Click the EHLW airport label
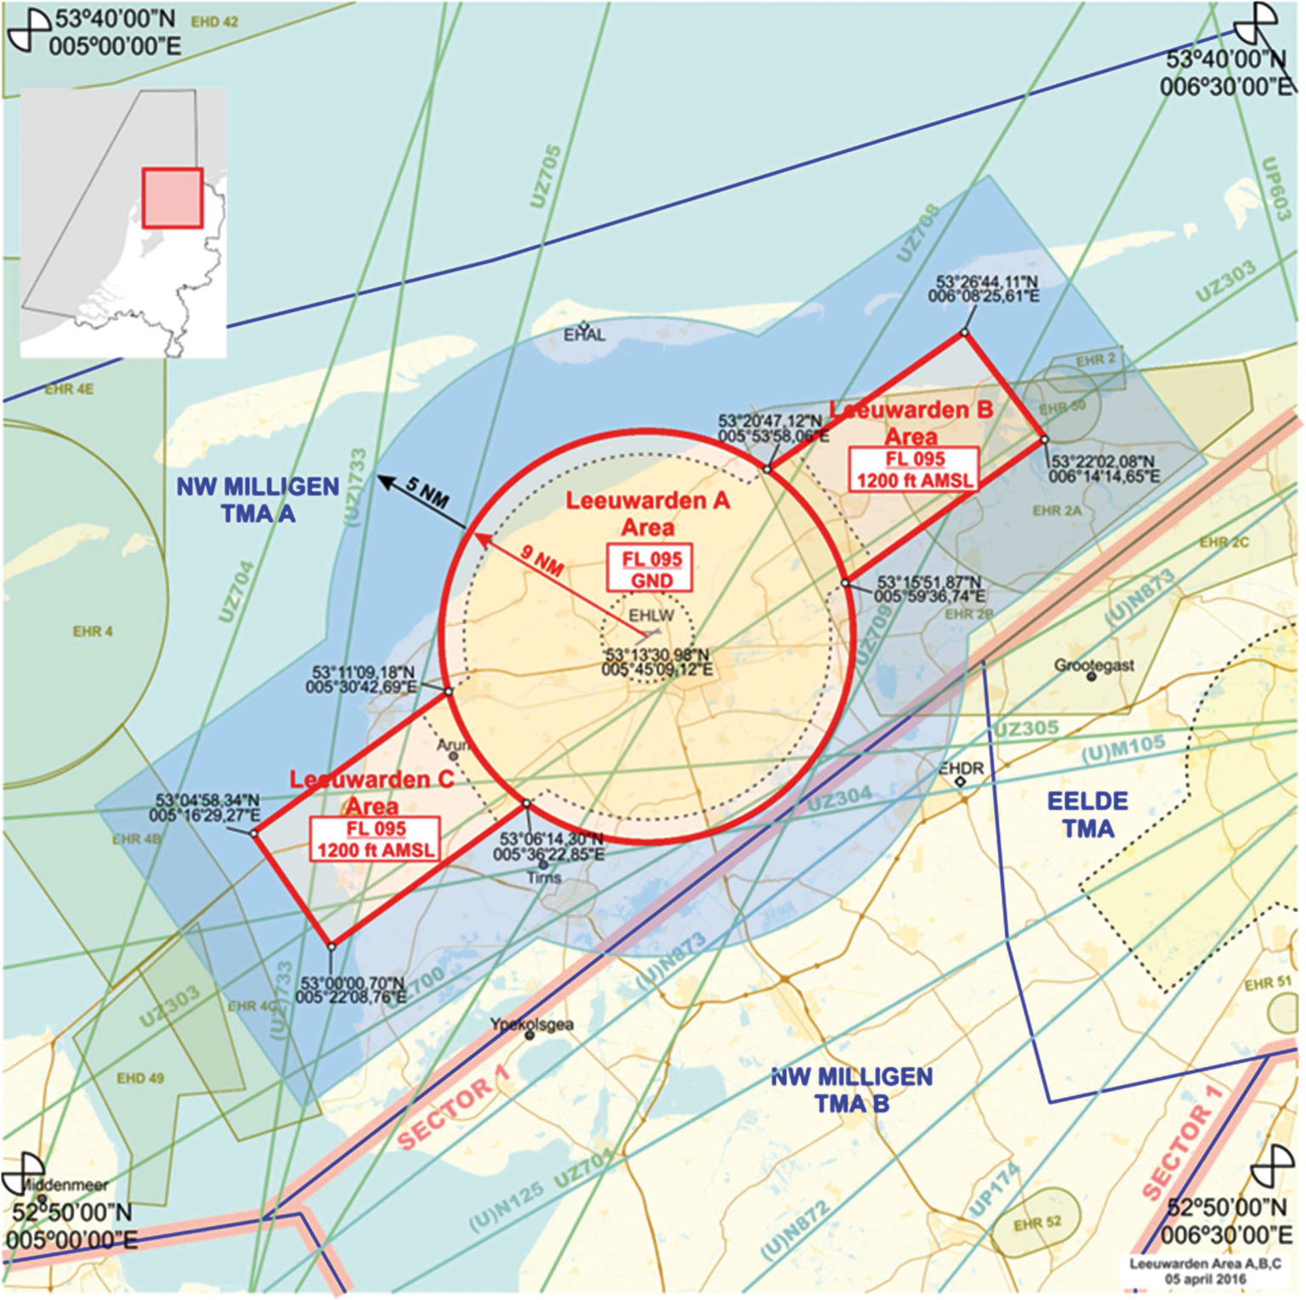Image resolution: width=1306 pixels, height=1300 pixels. [651, 615]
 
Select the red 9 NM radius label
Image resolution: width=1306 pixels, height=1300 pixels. [542, 561]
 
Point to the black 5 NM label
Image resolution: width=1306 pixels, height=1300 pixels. [427, 492]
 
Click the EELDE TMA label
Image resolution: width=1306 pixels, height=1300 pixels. [1087, 814]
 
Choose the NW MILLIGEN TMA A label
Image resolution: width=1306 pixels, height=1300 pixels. [258, 500]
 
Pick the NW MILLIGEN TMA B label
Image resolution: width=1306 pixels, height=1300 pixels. [852, 1089]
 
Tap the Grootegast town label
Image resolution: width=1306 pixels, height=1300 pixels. [1094, 665]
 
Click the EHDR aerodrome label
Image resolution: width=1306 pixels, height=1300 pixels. [961, 768]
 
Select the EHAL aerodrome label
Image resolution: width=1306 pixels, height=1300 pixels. [584, 335]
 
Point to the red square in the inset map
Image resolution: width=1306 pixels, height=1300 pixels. [173, 198]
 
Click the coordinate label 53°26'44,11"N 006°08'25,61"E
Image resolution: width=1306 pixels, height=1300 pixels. [984, 289]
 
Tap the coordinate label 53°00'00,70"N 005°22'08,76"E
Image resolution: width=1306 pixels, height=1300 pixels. [351, 990]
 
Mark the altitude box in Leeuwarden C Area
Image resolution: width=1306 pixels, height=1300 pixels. [375, 839]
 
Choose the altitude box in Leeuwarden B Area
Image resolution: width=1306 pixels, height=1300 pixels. [914, 469]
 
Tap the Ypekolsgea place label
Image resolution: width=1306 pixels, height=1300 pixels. [531, 1025]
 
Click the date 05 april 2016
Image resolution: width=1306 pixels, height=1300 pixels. [1205, 1279]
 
